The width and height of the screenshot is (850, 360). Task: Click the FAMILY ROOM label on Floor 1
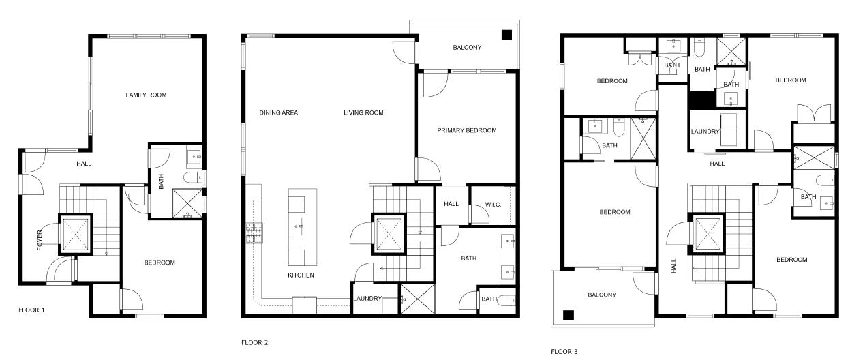(x=146, y=95)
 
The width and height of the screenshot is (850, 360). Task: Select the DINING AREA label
(x=279, y=112)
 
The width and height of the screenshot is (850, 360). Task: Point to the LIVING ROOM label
(x=363, y=112)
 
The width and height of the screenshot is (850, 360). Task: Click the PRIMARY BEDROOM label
(x=467, y=130)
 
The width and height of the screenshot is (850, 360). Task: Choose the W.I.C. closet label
(x=494, y=204)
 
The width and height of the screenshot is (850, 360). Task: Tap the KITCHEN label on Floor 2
(x=300, y=275)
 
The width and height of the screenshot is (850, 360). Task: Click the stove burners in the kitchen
(x=254, y=234)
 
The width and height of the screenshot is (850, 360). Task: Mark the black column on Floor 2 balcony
(x=506, y=35)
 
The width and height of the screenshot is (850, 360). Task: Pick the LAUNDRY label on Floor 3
(x=705, y=132)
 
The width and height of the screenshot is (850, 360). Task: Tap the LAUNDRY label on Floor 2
(x=366, y=299)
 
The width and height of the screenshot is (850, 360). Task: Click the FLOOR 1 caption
(x=31, y=310)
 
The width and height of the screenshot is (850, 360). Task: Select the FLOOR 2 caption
(x=255, y=342)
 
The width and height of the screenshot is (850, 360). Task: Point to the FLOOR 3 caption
(x=564, y=352)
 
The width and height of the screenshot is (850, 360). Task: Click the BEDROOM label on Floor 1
(x=160, y=262)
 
